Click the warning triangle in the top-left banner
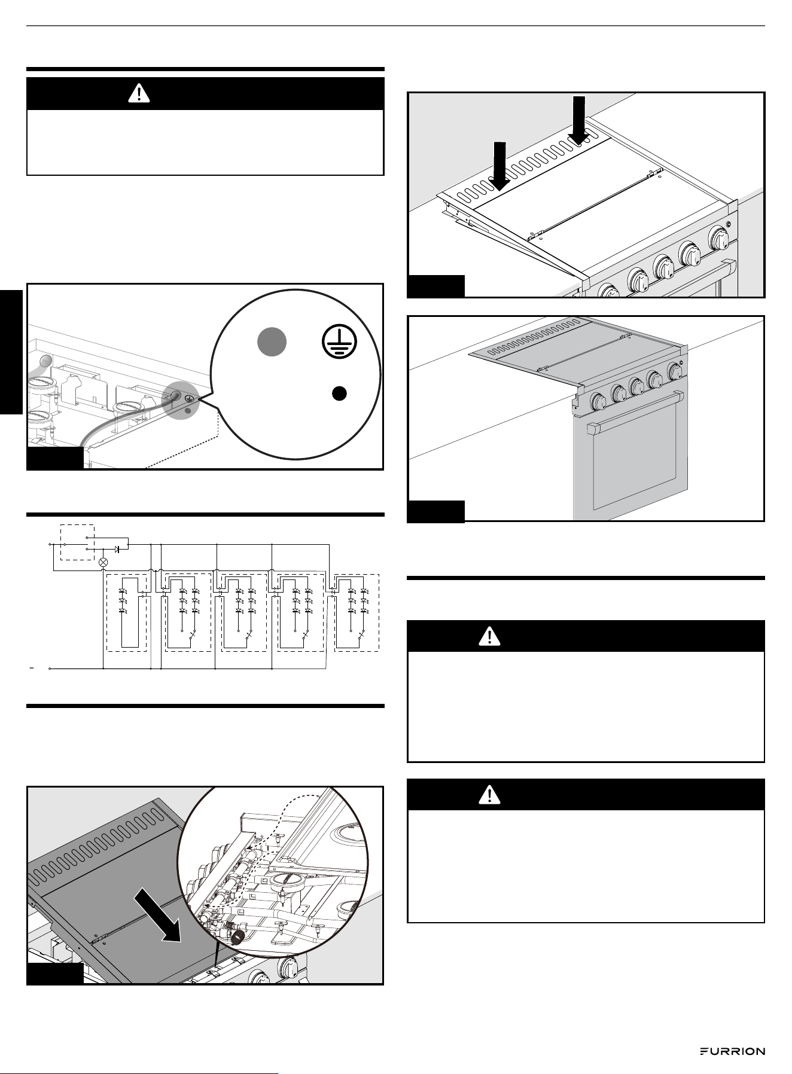click(x=139, y=93)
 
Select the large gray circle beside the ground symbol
click(x=272, y=343)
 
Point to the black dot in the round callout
click(x=339, y=393)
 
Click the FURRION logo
click(x=733, y=1051)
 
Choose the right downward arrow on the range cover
click(x=578, y=120)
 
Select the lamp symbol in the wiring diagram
click(x=103, y=562)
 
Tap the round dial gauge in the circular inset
click(x=287, y=886)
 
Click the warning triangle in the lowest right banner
click(x=490, y=794)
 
